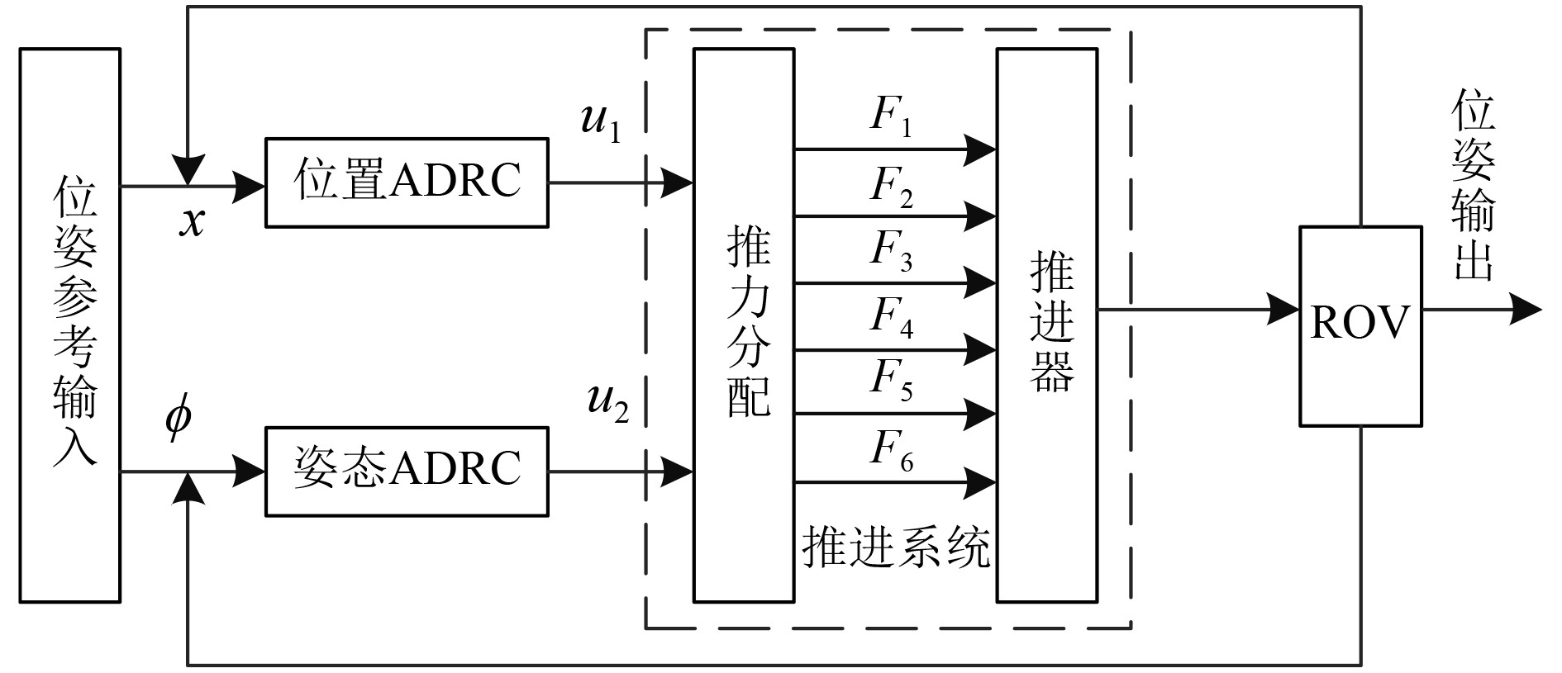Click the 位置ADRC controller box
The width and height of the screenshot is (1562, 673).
(406, 182)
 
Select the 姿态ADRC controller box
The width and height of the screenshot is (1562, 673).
(406, 471)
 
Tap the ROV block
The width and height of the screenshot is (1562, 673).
(1360, 325)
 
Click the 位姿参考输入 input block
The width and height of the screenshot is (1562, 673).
(70, 325)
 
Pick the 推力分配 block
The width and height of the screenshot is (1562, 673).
(744, 325)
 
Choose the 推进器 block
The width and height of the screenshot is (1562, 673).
(1047, 325)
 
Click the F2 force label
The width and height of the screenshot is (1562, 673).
(891, 187)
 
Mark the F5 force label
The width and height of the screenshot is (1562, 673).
(891, 381)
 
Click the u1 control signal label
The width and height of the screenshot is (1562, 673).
(601, 124)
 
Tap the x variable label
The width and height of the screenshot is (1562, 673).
(192, 221)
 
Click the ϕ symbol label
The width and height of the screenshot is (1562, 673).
(178, 415)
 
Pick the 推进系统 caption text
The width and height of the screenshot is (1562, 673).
(896, 547)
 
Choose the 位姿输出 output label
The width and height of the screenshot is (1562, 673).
(1474, 188)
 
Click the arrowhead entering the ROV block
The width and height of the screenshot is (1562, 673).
(1285, 310)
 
